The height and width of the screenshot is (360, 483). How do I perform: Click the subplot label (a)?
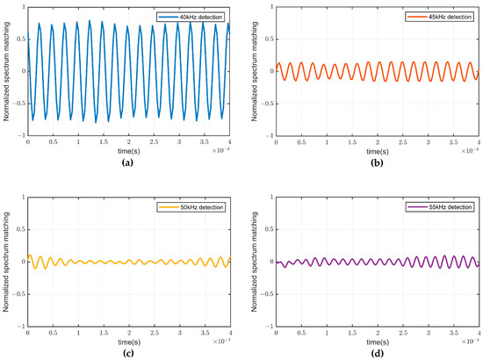click(121, 161)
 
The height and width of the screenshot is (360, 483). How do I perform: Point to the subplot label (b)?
click(377, 161)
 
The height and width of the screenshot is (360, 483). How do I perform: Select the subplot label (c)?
click(121, 351)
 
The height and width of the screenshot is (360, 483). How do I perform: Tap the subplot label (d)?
click(377, 351)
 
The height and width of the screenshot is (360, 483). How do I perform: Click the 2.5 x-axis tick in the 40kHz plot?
click(155, 143)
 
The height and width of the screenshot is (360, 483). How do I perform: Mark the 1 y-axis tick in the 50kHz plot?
click(22, 200)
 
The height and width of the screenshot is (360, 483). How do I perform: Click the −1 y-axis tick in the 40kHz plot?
click(21, 136)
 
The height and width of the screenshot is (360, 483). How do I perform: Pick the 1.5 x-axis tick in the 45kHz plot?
click(352, 143)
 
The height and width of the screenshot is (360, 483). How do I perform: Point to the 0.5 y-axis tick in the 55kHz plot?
click(269, 231)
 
